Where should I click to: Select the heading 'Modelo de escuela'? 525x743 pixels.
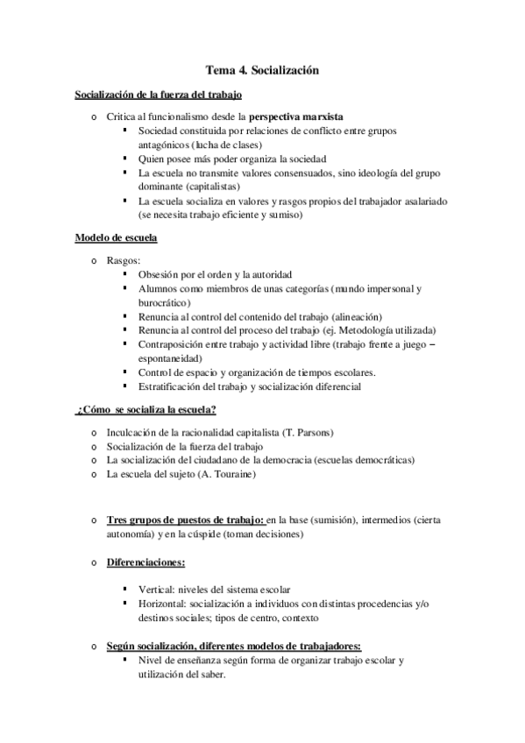point(116,237)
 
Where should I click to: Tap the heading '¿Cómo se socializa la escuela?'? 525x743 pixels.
point(147,410)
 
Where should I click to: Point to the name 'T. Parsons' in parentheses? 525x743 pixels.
point(309,432)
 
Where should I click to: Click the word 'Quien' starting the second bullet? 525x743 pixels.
point(152,159)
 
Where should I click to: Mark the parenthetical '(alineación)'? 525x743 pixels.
point(358,316)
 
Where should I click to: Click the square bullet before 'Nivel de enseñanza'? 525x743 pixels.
point(127,660)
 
